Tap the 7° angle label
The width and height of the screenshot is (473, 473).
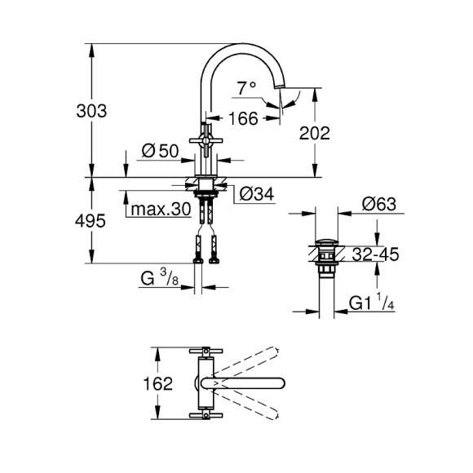(247, 87)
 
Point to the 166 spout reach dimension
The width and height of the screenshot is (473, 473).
(242, 119)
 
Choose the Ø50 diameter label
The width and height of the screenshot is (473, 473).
(160, 151)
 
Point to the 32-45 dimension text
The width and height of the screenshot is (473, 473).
(375, 254)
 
